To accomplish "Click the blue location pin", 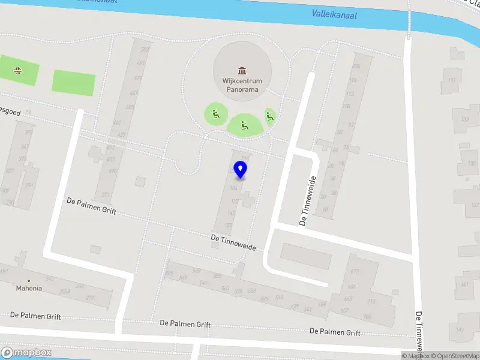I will point(241,169).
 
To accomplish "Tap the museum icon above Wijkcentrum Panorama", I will point(242,71).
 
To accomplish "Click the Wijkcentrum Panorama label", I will point(242,85).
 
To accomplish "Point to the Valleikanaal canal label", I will point(334,14).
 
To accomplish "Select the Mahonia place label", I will point(29,288).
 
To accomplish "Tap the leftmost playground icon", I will point(215,112).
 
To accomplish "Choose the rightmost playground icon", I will point(269,117).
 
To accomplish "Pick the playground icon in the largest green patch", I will point(244,125).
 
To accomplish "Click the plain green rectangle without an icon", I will point(74,82).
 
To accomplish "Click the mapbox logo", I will point(26,353).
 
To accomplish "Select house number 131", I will point(453,80).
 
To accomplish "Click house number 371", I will point(106,194).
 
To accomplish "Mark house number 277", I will point(90,298).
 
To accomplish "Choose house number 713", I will point(371,301).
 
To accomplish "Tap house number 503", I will point(144,49).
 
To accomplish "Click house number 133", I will point(464,119).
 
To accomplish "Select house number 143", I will point(460,329).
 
